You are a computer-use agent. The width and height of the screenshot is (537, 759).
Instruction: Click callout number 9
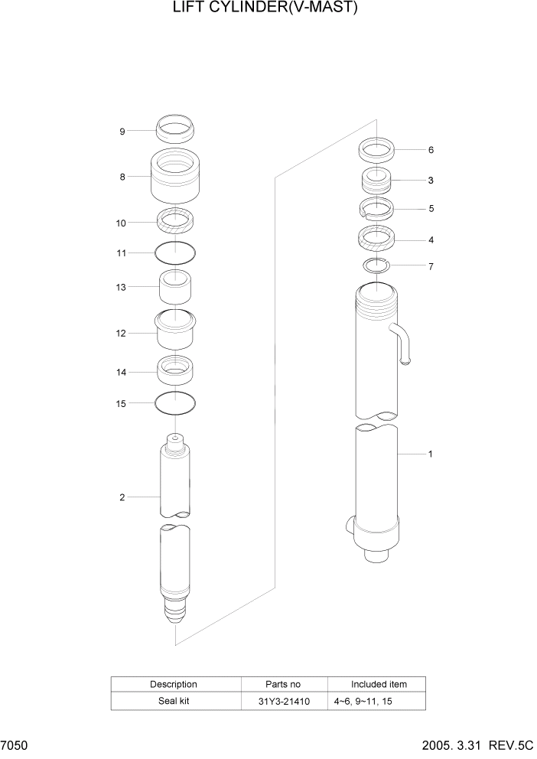122,132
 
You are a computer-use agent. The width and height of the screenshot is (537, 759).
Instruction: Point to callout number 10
121,223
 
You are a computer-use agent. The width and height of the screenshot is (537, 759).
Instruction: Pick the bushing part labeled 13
175,288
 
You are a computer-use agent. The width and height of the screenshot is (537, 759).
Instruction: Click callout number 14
121,373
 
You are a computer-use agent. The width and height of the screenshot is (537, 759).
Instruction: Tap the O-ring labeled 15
175,402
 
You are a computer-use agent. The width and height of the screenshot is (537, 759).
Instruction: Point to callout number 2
122,498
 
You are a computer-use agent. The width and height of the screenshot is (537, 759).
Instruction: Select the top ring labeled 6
376,149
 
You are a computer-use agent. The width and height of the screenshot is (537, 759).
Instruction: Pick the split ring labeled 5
376,207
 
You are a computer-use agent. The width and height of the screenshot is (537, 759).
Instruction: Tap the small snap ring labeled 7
376,265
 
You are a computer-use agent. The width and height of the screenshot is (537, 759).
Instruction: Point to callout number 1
431,454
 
